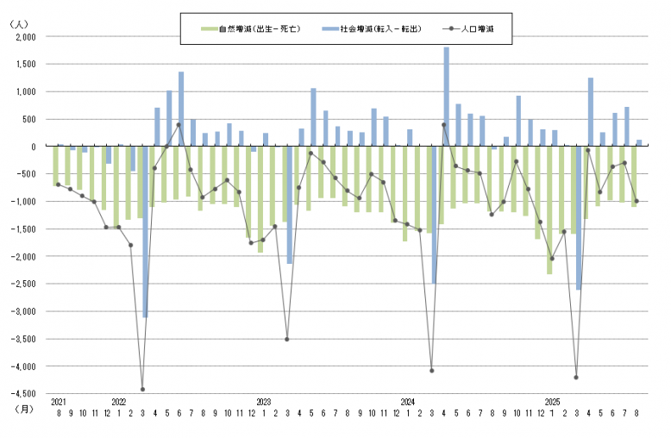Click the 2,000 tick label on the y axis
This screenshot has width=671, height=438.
(26, 37)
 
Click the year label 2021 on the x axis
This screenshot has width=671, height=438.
(58, 403)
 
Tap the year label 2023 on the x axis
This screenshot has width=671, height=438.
(264, 403)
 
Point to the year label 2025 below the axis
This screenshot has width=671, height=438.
(553, 403)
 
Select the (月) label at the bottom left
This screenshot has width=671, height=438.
(24, 412)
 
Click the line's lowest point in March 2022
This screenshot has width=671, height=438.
(142, 390)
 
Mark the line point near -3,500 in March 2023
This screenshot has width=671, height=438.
(287, 339)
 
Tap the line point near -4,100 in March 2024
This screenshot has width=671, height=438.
(431, 371)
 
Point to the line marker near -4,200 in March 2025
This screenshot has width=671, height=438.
(576, 377)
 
